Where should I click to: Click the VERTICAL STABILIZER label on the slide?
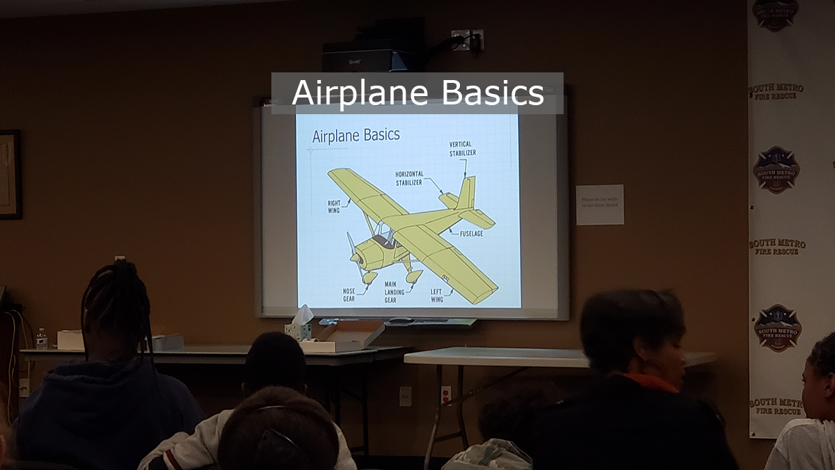click(x=463, y=148)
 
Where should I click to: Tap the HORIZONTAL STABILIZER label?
click(x=409, y=178)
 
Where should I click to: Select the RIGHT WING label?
click(x=334, y=207)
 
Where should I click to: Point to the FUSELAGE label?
click(x=471, y=233)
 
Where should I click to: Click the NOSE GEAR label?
click(x=349, y=295)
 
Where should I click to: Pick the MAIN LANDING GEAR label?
click(x=395, y=292)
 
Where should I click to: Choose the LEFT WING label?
click(x=436, y=295)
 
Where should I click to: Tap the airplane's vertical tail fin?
click(x=466, y=193)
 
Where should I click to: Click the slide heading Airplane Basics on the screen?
click(x=356, y=135)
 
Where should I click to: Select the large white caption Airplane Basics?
click(x=417, y=93)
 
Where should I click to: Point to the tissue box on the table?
click(x=299, y=329)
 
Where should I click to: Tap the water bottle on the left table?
click(x=41, y=338)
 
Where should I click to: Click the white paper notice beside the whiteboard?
click(x=599, y=205)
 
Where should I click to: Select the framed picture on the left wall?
click(x=10, y=174)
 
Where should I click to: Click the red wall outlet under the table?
click(x=446, y=395)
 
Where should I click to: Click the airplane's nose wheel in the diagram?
click(x=369, y=278)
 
